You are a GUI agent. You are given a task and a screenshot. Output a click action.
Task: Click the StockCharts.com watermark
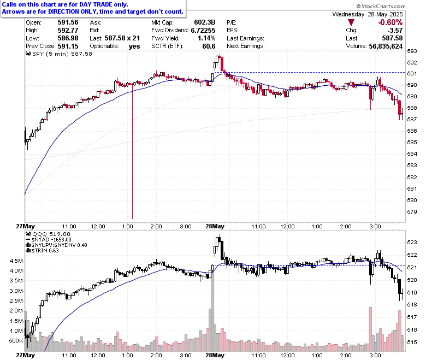pos(381,6)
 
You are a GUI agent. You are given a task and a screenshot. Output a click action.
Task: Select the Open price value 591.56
pos(68,22)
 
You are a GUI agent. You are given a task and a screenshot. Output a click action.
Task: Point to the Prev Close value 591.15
pos(68,46)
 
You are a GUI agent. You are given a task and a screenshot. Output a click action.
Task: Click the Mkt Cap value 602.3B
pos(205,22)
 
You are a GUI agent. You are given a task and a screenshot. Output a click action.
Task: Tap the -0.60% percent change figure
pos(390,22)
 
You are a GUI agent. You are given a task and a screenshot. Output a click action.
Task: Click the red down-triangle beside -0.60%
pos(351,22)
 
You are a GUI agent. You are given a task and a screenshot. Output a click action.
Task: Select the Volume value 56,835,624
pos(386,46)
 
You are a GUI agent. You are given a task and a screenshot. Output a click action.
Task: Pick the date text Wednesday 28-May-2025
pos(368,14)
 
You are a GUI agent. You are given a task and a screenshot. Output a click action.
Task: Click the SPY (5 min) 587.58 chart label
pos(59,54)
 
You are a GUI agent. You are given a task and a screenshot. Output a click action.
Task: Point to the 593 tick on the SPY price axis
pos(412,51)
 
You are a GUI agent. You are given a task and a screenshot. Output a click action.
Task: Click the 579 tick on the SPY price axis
pos(412,211)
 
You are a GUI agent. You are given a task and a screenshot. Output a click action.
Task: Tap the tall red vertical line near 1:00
pos(133,151)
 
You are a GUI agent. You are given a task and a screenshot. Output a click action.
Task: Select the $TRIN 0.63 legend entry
pos(43,251)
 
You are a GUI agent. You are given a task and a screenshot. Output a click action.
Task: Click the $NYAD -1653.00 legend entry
pos(49,240)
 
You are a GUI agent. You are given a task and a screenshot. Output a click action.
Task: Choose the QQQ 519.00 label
pos(48,234)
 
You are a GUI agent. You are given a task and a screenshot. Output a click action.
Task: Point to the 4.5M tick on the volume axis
pos(16,261)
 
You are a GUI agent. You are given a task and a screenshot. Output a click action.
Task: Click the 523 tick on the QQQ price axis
pos(412,243)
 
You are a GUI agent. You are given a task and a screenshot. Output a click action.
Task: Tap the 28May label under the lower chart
pos(215,355)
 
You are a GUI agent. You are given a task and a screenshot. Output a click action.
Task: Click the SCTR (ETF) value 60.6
pos(209,46)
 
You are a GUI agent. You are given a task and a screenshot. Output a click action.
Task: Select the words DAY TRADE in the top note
pos(96,4)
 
